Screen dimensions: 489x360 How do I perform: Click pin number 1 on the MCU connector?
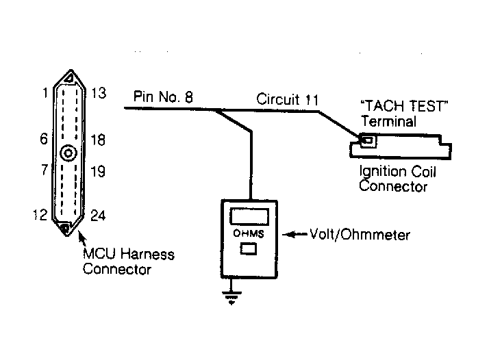tap(45, 92)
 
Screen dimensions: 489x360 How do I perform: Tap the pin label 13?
tap(99, 93)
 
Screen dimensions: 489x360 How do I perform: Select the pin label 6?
tap(44, 139)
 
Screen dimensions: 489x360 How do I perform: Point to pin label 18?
tap(98, 140)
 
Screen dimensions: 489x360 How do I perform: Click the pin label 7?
tap(45, 170)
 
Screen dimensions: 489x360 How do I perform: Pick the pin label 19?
tap(98, 172)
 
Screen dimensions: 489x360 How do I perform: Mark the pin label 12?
tap(40, 215)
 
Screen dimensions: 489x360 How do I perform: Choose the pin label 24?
tap(98, 216)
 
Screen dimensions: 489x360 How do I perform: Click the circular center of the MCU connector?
tap(68, 153)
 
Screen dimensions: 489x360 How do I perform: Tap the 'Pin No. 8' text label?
tap(163, 97)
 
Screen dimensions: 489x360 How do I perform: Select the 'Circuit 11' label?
tap(288, 99)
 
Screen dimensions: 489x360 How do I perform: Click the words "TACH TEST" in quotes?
tap(404, 106)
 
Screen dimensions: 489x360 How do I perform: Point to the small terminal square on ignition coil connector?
tap(368, 140)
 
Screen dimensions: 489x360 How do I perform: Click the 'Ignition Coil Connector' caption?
tap(397, 179)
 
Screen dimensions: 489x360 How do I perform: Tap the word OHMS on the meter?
tap(249, 233)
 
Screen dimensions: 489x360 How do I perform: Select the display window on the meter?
tap(249, 216)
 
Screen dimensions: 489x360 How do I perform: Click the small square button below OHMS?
tap(249, 249)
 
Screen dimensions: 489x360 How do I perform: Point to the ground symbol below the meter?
tap(231, 297)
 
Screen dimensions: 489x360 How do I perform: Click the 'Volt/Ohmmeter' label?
tap(360, 235)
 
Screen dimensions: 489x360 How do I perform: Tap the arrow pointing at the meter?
tap(294, 234)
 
